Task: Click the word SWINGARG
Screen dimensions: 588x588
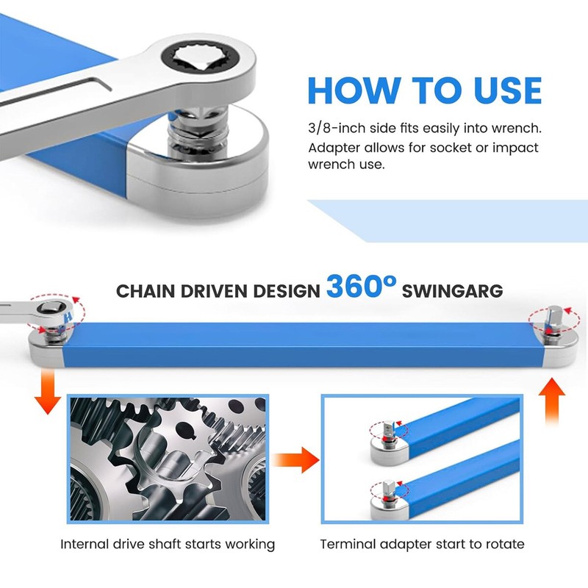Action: coord(452,291)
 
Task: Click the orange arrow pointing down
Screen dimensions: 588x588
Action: coord(48,391)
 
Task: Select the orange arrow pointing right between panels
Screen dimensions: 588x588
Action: coord(295,460)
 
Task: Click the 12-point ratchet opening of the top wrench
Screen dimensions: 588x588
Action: coord(199,58)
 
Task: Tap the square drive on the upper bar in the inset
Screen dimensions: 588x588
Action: coord(388,429)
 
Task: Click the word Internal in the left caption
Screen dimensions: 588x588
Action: coord(85,544)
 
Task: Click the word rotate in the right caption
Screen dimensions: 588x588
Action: coord(505,544)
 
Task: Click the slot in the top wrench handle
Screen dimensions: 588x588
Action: coord(57,89)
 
